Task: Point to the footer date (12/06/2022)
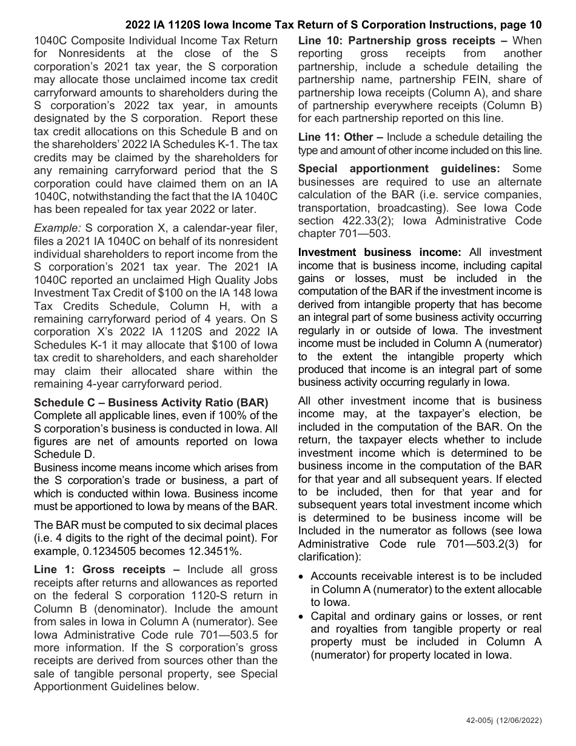[x=519, y=721]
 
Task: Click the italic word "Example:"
[x=58, y=228]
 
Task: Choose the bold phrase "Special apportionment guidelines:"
[x=399, y=169]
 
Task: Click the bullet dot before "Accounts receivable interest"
[x=302, y=576]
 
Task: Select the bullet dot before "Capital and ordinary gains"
[x=302, y=616]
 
